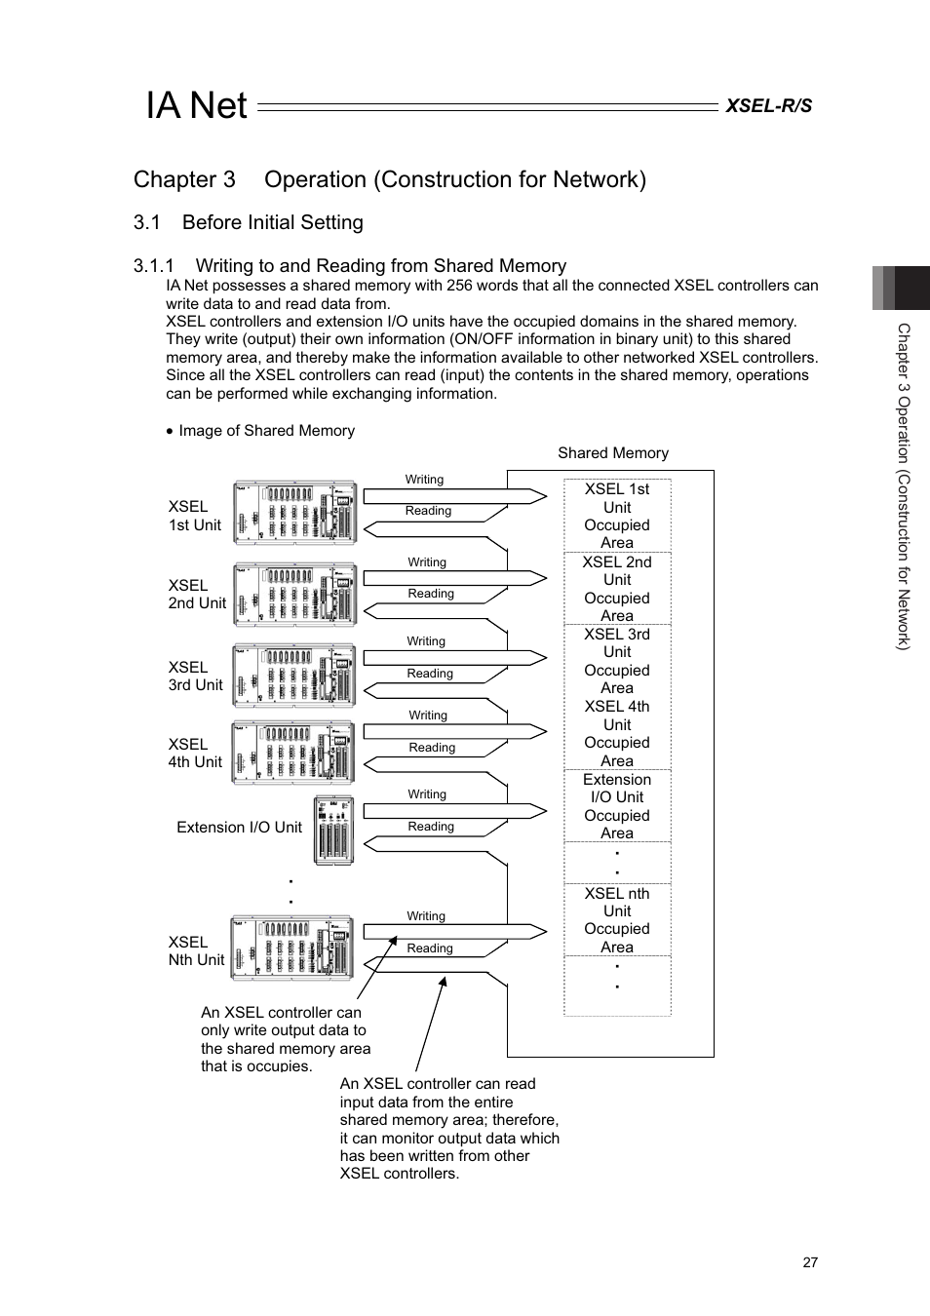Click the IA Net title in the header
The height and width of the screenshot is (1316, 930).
196,105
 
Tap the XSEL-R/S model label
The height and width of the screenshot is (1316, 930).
768,106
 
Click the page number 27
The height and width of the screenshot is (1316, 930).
810,1262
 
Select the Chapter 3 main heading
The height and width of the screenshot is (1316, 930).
389,179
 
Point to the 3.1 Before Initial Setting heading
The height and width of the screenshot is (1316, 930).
248,222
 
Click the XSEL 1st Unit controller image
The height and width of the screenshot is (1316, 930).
294,512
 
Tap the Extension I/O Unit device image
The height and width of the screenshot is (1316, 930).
333,830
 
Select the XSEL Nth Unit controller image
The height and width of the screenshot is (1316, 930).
292,948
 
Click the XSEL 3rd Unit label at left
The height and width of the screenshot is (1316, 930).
195,676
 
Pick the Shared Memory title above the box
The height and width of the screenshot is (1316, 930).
612,453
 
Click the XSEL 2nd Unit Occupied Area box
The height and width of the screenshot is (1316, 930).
617,589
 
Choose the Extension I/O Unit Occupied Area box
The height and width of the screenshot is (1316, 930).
617,806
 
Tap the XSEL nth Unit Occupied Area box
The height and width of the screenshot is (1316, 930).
617,919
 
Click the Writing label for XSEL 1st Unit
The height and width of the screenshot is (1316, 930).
424,480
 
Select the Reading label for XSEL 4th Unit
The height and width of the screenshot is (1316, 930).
432,748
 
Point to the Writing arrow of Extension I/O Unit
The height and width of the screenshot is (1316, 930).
454,810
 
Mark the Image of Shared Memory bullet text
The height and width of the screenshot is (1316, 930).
266,431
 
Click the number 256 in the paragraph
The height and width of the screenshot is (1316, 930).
460,286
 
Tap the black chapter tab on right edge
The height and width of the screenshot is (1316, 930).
911,288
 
